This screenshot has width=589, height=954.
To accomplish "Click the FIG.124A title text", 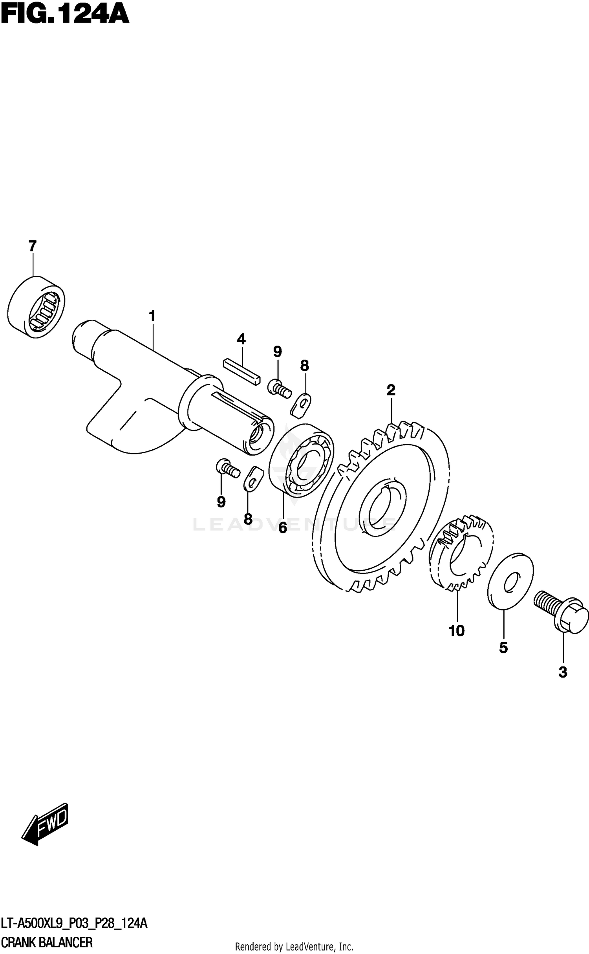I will point(65,15).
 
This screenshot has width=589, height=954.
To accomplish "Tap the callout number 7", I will point(33,246).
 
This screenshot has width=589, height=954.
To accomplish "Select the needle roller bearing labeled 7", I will point(36,307).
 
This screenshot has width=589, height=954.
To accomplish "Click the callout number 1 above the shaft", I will point(152,316).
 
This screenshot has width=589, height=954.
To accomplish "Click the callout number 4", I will point(241,339).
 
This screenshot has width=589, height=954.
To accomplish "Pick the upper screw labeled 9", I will point(279,388).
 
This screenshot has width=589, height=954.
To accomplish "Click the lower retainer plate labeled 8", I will point(252,479).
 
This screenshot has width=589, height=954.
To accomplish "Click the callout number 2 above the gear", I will point(390,390).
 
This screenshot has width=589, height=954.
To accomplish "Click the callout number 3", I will point(563,673).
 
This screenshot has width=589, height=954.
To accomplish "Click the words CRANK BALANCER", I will point(47,942).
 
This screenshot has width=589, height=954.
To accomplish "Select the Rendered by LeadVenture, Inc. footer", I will point(294,946).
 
